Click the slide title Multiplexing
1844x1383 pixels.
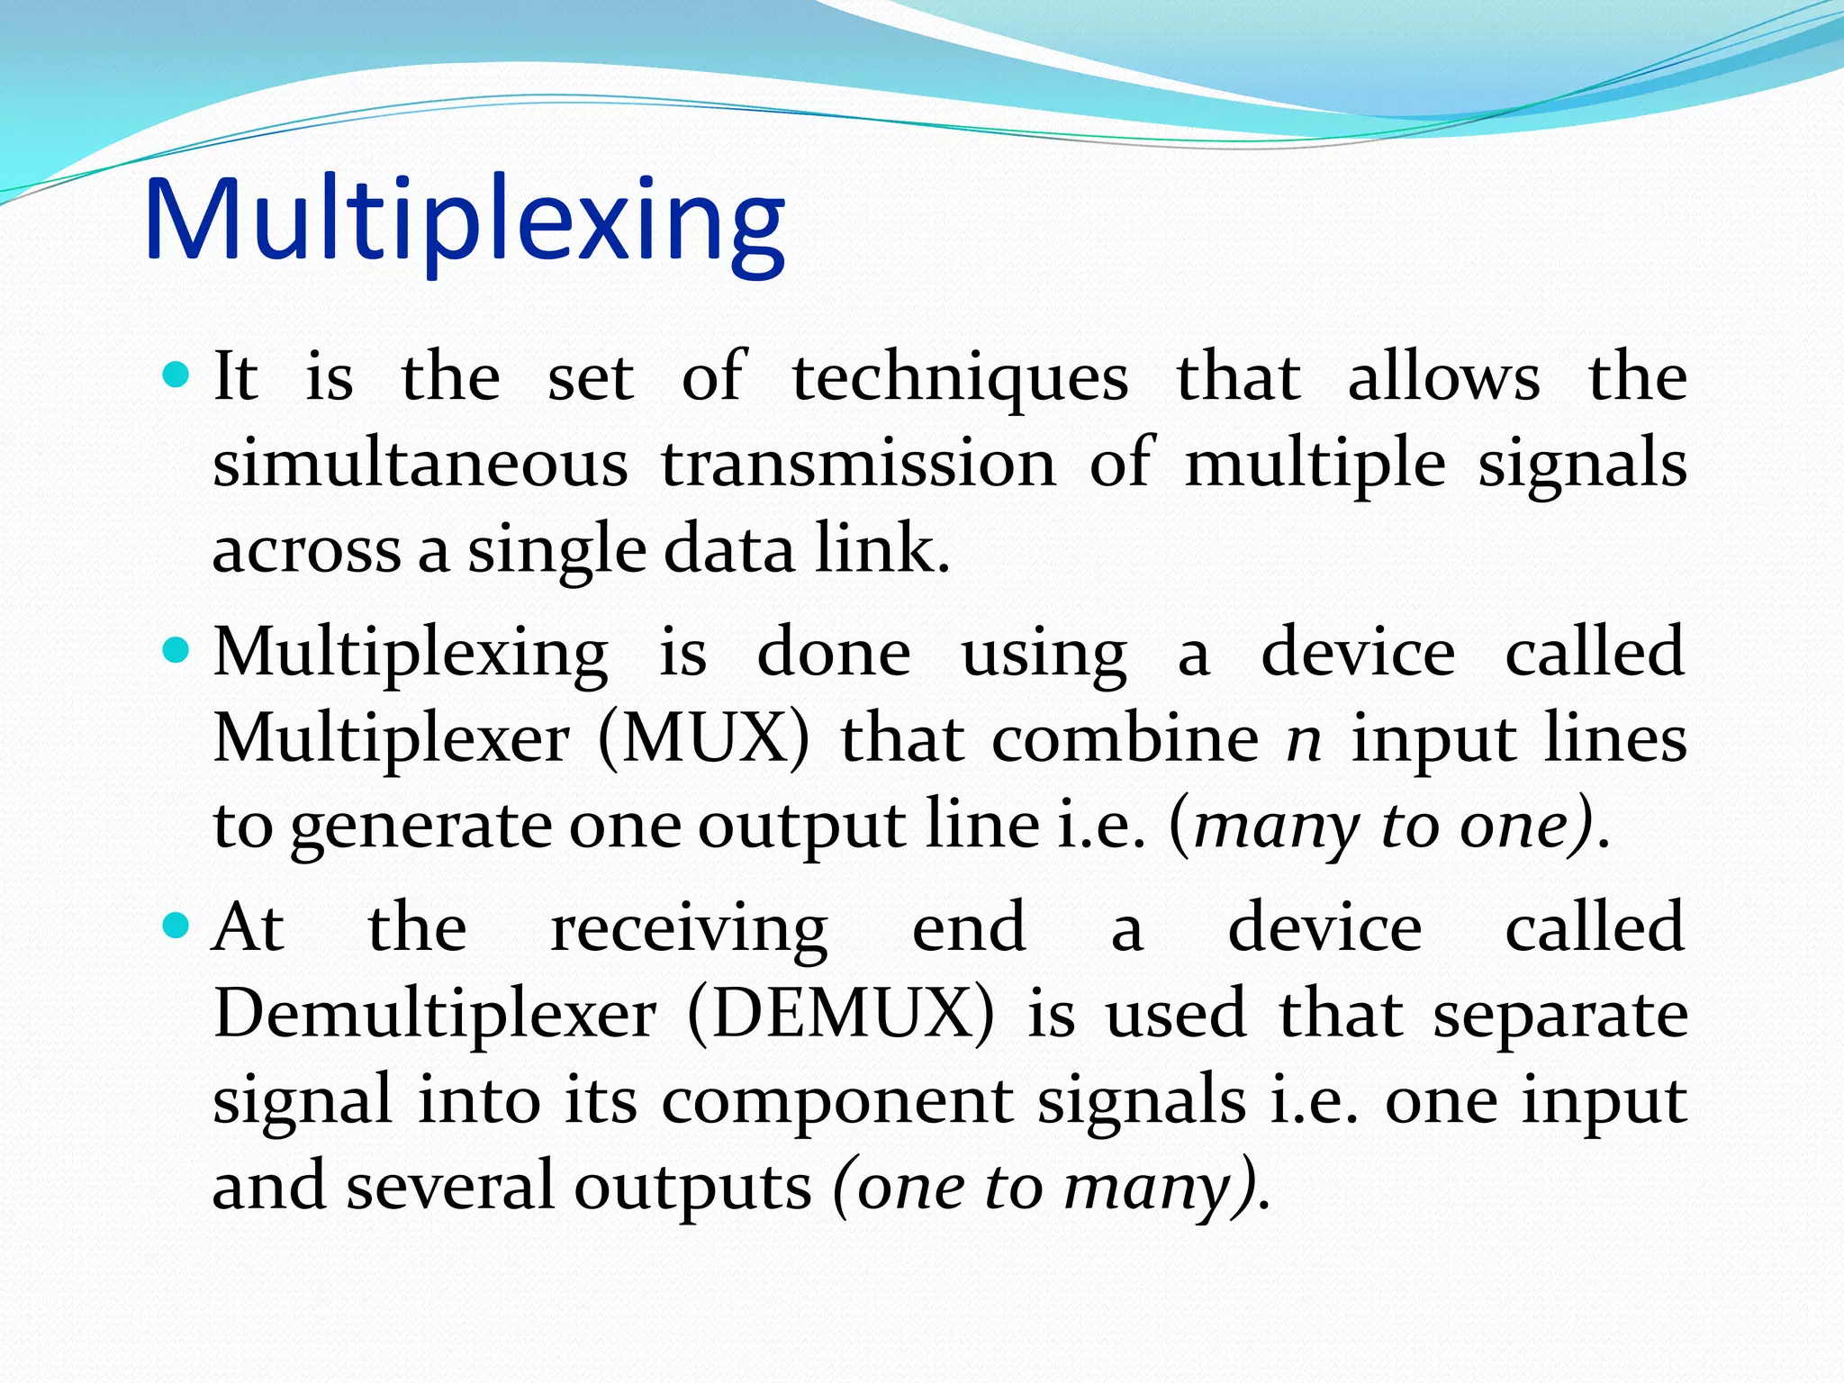(464, 221)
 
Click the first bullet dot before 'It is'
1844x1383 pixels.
(176, 375)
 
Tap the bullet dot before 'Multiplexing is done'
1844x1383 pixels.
(176, 650)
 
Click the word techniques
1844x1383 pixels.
(960, 378)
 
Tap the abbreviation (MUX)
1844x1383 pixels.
(703, 739)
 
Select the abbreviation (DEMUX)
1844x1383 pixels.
(841, 1015)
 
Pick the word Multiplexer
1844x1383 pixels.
(392, 739)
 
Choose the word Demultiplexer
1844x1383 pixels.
(435, 1015)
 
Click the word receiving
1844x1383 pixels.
(689, 929)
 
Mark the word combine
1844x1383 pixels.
(1125, 739)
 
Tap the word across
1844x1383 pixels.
(306, 551)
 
